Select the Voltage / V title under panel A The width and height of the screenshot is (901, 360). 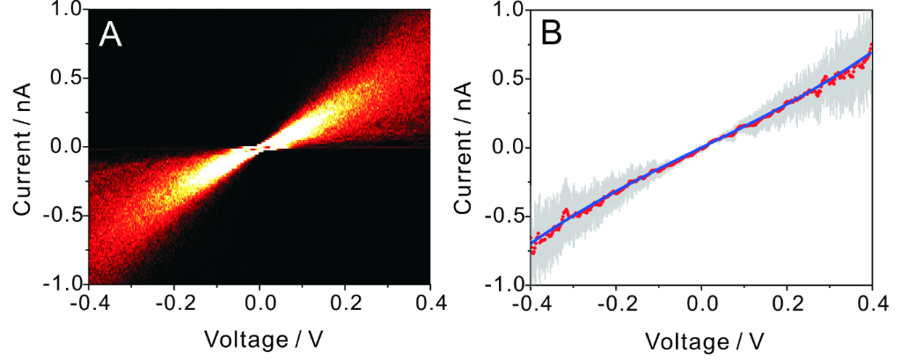click(x=257, y=337)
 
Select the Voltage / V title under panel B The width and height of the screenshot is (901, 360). click(x=700, y=337)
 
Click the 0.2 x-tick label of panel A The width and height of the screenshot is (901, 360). click(x=345, y=305)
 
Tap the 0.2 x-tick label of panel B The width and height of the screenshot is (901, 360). click(x=787, y=305)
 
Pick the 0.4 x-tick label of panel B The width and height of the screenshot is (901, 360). click(x=872, y=305)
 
